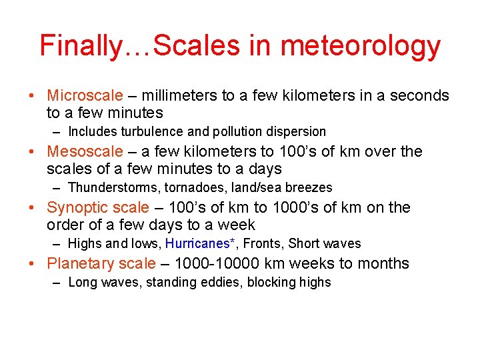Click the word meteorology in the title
361,46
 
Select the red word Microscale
85,95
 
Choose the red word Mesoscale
85,151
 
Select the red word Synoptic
75,207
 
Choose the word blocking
272,282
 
